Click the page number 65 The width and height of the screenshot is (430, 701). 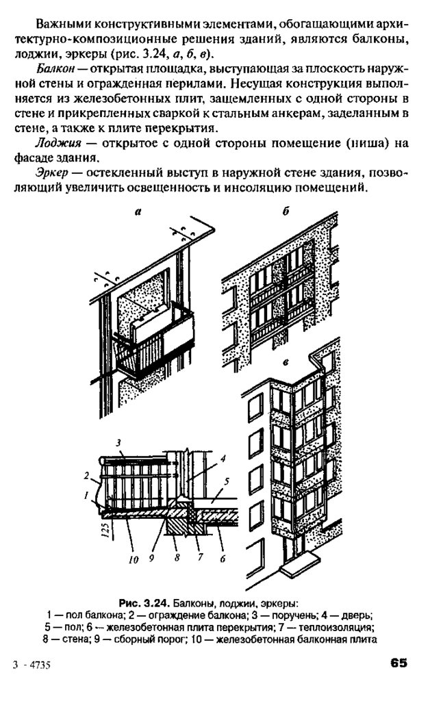pos(399,663)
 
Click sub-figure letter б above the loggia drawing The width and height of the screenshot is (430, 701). pos(286,213)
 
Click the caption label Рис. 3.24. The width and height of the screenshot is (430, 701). pos(144,603)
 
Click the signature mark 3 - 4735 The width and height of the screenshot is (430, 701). pos(34,665)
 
